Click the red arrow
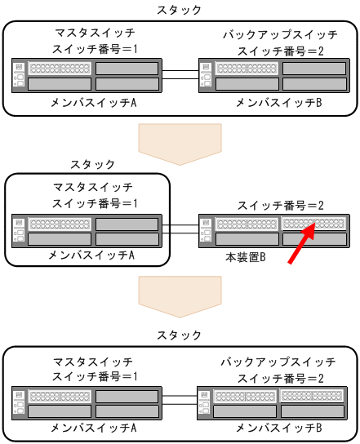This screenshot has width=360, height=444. pos(302,243)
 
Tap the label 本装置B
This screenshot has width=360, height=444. pos(245,257)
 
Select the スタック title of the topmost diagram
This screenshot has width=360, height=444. pos(179,10)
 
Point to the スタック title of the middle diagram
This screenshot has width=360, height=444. pos(92,164)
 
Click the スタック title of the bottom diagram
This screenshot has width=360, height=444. pos(179,335)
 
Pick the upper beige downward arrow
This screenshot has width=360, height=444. pos(180,144)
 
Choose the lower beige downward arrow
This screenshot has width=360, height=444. pos(180,296)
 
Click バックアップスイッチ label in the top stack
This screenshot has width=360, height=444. pos(280,35)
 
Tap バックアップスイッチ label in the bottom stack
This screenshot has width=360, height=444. pos(278,362)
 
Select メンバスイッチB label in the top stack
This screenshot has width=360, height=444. pos(279,103)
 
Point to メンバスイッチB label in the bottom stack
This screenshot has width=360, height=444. pos(279,428)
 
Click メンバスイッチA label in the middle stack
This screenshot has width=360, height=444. pos(91,255)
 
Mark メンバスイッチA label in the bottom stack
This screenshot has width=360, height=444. pos(94,428)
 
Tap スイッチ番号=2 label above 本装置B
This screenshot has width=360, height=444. pos(281,206)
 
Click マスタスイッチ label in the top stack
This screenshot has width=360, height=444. pos(95,33)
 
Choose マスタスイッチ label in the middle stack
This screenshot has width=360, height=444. pos(93,187)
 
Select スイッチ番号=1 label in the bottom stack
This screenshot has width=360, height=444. pos(95,376)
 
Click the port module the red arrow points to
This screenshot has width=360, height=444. pos(313,224)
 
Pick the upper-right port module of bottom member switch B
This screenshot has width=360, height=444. pos(312,395)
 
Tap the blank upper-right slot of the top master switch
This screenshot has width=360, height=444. pos(127,69)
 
